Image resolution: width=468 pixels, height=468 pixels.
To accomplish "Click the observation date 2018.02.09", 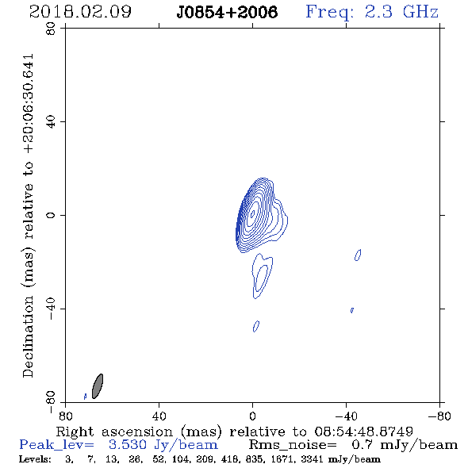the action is pos(80,12).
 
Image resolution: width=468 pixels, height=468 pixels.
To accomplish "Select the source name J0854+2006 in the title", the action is pos(227,12).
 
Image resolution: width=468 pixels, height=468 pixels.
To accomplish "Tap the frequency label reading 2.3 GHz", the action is pos(401,12).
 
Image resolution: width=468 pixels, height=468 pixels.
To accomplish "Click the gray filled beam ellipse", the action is pos(98,386).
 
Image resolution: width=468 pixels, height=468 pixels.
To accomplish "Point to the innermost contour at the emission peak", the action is pos(252,213).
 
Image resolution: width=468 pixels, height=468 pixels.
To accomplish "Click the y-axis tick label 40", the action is pos(51,122).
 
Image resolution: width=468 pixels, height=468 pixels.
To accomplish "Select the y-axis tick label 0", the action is pos(51,215).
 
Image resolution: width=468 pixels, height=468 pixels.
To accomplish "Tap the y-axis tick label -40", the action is pos(51,309).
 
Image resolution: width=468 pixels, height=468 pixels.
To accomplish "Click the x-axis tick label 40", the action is pos(159,416).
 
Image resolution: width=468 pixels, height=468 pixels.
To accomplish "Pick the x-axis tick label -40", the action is pos(346,416).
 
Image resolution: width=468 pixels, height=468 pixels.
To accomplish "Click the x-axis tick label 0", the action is pos(252,416).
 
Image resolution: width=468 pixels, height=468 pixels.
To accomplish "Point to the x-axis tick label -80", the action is pos(439,416).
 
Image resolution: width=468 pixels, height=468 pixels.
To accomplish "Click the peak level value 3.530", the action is pos(128,445).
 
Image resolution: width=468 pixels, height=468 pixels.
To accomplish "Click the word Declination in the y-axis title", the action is pos(28,336).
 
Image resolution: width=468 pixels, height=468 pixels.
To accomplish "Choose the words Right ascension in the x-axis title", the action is pos(114,432).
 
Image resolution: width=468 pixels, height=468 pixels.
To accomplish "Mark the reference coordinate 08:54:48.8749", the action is pos(364,432).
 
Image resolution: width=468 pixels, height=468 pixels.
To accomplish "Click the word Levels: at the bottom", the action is pos(35,459).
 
